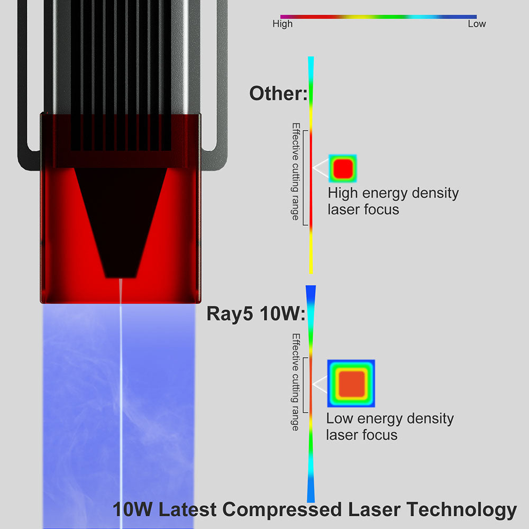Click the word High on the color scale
coord(282,24)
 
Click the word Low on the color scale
coord(477,24)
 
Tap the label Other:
coord(278,94)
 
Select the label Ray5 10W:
coord(256,314)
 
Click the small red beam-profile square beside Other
coord(343,168)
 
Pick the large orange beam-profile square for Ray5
coord(351,384)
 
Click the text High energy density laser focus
coord(393,201)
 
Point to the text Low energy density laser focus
coord(390,426)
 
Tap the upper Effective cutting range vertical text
coord(296,171)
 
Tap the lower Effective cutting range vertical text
coord(296,382)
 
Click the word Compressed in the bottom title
coord(282,509)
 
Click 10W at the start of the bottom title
coord(133,509)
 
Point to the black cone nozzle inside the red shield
coord(121,216)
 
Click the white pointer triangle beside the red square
coord(320,168)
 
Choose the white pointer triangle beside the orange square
coord(320,384)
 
